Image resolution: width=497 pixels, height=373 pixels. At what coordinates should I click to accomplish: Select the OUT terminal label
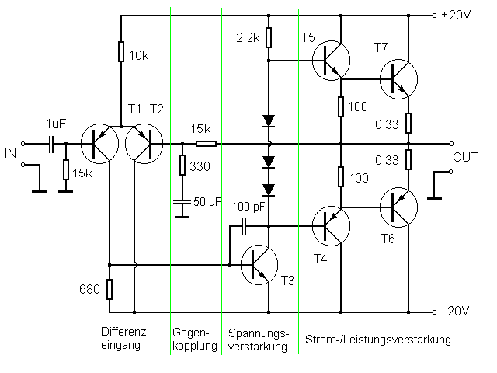point(466,157)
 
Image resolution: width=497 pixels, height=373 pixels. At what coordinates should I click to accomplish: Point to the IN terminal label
point(11,155)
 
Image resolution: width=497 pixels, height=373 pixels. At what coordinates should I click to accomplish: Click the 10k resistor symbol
point(121,52)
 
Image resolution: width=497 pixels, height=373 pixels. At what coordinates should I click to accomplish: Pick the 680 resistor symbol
point(110,290)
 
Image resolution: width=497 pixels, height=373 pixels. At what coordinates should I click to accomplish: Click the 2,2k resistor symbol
point(268,37)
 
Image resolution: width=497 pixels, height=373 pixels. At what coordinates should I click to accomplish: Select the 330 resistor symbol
point(182,166)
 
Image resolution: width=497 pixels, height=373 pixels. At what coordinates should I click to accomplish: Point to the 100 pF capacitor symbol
point(244,226)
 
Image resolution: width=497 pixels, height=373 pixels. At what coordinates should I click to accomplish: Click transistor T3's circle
point(260,264)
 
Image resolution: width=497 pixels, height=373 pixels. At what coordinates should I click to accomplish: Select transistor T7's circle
point(398,78)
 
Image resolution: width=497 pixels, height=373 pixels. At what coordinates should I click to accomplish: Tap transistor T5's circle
point(331,60)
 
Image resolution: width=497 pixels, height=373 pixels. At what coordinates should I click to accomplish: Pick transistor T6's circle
point(398,207)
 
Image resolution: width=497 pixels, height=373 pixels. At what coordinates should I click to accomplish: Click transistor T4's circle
point(331,227)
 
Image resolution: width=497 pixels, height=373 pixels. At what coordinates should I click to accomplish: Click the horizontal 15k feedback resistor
point(206,144)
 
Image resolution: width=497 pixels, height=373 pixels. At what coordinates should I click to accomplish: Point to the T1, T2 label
point(147,108)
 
